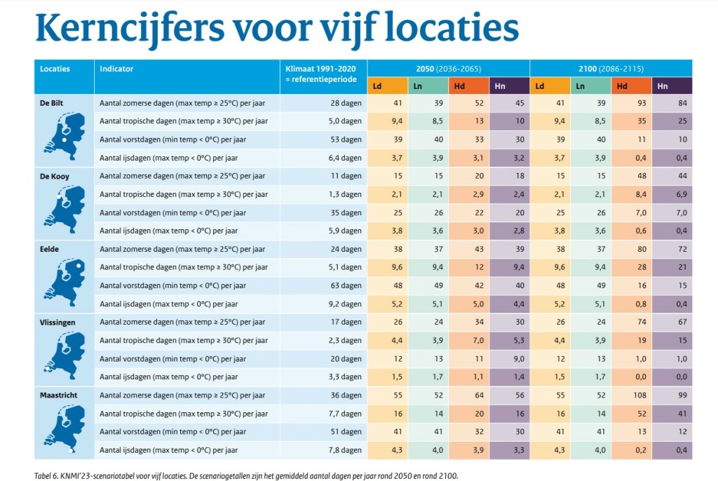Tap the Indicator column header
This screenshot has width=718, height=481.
(x=116, y=69)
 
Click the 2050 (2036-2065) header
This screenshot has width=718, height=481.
(x=448, y=69)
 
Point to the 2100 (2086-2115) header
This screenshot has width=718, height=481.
(x=611, y=69)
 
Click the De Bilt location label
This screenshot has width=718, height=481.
(x=53, y=103)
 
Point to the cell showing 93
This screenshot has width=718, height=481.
(x=631, y=103)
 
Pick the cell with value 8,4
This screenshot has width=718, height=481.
(x=630, y=194)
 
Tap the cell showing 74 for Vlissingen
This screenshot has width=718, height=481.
(x=631, y=322)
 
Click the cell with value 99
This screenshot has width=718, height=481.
(x=672, y=395)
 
